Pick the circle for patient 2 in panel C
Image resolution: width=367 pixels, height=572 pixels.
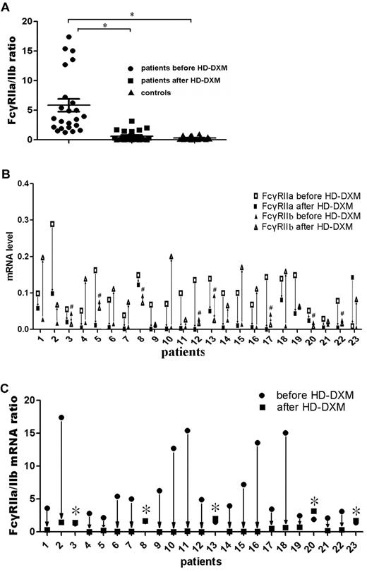pyautogui.click(x=61, y=418)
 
